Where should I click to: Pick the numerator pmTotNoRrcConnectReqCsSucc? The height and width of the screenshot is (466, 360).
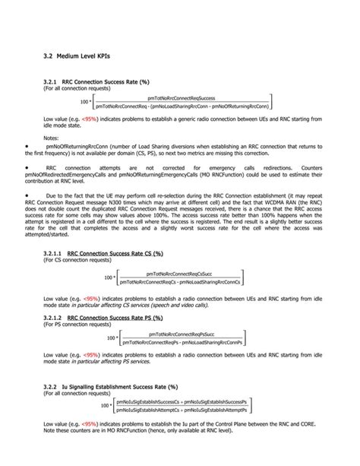(181, 272)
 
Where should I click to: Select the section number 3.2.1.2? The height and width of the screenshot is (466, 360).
(52, 317)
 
